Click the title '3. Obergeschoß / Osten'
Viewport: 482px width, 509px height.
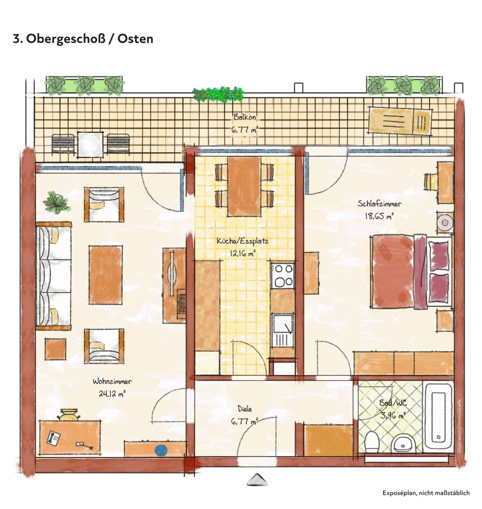83,39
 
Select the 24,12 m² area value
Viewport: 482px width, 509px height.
112,393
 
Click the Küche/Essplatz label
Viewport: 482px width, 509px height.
242,241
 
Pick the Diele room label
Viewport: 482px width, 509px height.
245,409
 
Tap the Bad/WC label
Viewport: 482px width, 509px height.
392,403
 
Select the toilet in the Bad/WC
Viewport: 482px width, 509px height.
372,440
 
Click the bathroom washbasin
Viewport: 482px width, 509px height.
405,442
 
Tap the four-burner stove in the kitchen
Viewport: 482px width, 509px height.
282,275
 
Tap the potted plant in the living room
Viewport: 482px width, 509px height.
56,203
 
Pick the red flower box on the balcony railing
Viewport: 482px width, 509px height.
218,94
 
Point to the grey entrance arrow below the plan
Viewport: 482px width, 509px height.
259,480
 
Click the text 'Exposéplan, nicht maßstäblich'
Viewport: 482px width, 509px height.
427,493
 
